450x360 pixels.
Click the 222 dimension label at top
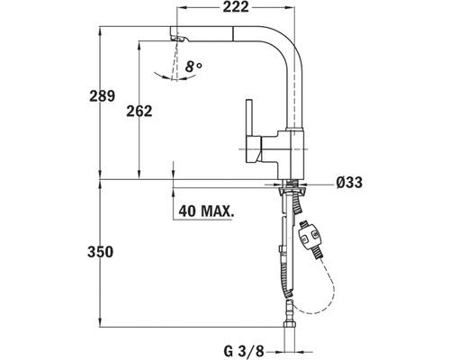[236, 7]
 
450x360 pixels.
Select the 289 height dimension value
[102, 96]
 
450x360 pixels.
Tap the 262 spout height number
[139, 111]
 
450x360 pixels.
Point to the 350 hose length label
[100, 252]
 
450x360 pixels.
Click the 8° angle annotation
[193, 67]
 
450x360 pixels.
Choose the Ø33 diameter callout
[349, 182]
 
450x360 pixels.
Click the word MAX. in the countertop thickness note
[218, 211]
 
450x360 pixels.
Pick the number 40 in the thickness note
[187, 211]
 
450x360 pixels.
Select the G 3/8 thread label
[243, 350]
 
